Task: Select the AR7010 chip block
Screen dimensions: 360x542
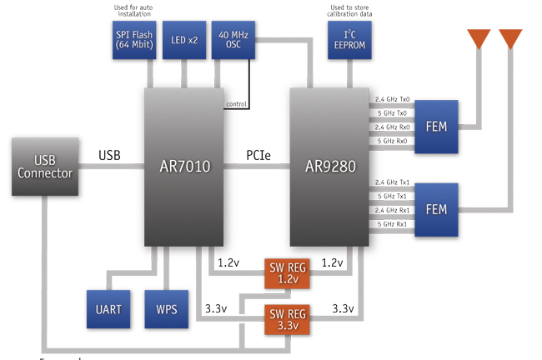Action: [184, 166]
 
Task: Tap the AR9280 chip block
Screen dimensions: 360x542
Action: [330, 166]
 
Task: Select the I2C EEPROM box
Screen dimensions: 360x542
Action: [349, 41]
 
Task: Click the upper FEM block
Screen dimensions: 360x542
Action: [434, 126]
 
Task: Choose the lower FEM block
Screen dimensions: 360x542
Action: [434, 207]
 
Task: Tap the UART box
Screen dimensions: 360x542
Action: [108, 309]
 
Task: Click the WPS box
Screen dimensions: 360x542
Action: [167, 309]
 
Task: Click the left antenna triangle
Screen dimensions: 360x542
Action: [479, 37]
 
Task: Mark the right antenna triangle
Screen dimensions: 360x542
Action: [510, 37]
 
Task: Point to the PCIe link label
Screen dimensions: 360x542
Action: [258, 156]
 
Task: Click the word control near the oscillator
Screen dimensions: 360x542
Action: [237, 104]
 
